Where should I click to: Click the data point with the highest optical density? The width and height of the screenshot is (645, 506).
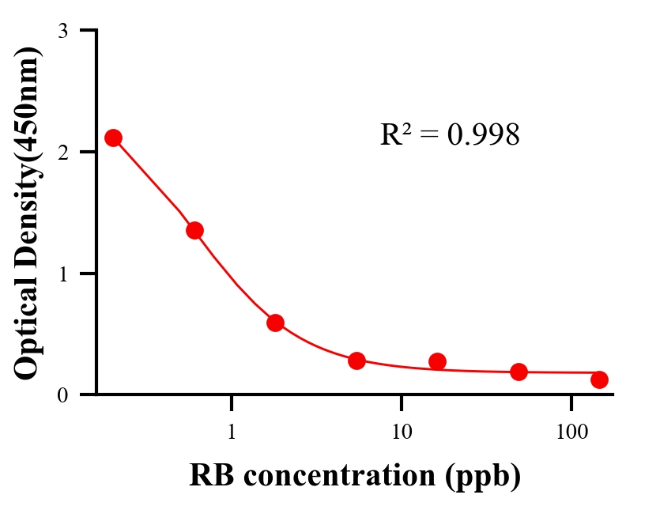click(x=114, y=138)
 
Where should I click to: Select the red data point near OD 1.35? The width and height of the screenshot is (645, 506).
click(x=194, y=230)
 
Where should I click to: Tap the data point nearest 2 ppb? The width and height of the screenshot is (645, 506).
click(x=275, y=323)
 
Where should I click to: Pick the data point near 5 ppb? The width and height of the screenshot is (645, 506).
click(x=356, y=361)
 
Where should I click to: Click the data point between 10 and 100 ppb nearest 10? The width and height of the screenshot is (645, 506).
click(x=437, y=361)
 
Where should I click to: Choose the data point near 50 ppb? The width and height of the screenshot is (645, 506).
click(x=519, y=372)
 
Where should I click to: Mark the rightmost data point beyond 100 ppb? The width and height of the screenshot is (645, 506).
click(x=599, y=379)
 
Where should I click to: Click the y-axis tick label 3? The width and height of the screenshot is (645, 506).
click(x=62, y=31)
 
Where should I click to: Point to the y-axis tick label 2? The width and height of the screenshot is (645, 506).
click(x=62, y=152)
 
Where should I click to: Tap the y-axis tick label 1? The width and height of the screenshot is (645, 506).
click(x=62, y=274)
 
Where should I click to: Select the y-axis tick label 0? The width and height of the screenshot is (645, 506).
click(x=62, y=395)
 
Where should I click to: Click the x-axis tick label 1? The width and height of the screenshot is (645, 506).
click(x=232, y=432)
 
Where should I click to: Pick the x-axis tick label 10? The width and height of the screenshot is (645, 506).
click(x=402, y=432)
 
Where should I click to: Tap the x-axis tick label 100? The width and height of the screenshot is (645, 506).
click(x=571, y=432)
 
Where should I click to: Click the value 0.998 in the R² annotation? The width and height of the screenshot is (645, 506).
click(x=483, y=135)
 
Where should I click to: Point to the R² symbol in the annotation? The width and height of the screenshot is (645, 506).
click(x=394, y=134)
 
